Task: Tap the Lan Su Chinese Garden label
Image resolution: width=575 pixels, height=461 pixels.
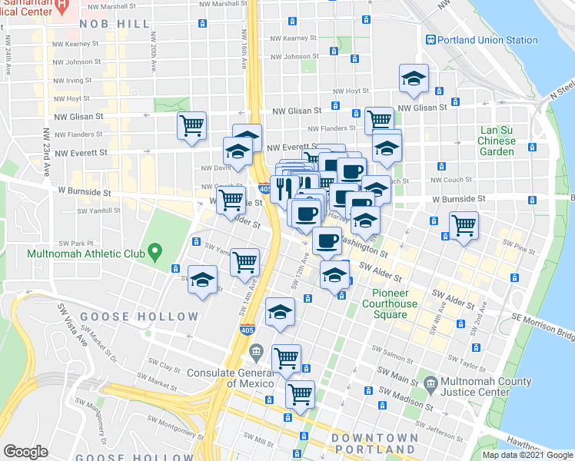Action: [497, 141]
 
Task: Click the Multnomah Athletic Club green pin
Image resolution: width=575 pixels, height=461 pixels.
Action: [155, 250]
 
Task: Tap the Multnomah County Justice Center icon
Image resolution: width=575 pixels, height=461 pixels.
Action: [429, 382]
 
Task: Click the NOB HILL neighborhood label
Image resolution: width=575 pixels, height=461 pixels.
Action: [115, 24]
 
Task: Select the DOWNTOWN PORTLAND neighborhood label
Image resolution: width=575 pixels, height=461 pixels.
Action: [374, 443]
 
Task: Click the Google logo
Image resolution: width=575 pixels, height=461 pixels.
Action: [25, 452]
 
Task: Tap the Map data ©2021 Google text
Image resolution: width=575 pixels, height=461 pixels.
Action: [527, 455]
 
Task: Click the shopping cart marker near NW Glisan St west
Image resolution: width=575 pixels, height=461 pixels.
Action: [191, 124]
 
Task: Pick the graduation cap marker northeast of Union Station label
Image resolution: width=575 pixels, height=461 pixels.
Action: [414, 79]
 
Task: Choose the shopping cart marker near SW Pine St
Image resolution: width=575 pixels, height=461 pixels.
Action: [464, 226]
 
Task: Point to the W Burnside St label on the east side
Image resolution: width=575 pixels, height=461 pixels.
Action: [458, 198]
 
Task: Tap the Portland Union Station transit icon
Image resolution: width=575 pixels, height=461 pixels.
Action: [432, 40]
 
